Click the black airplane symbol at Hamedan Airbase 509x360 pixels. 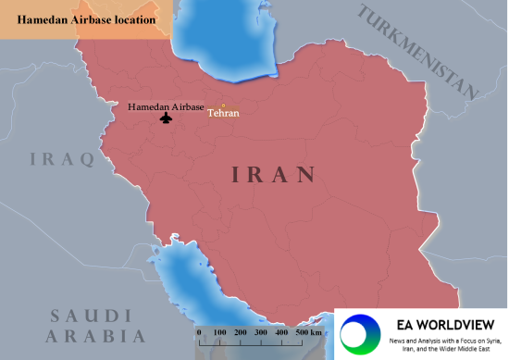tap(167, 118)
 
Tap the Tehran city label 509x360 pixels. tap(223, 114)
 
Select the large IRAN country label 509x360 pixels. tap(273, 173)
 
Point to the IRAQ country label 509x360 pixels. tap(62, 159)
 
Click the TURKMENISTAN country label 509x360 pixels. tap(420, 51)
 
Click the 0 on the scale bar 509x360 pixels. tap(199, 331)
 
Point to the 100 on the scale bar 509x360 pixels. tap(220, 331)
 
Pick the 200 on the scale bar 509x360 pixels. tap(241, 331)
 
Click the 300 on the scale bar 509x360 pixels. tap(261, 331)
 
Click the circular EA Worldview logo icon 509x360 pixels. tap(359, 333)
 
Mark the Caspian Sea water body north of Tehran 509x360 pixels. tap(227, 42)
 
